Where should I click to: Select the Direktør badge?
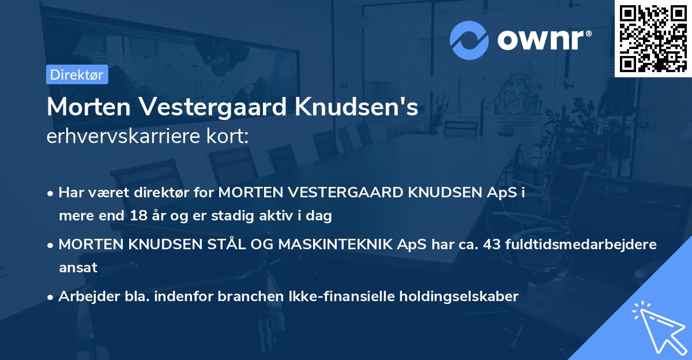tap(77, 74)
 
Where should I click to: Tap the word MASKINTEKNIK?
tap(339, 244)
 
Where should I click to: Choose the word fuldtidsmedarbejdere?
tap(581, 244)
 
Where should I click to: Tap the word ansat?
tap(78, 268)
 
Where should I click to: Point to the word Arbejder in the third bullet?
tap(84, 297)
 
